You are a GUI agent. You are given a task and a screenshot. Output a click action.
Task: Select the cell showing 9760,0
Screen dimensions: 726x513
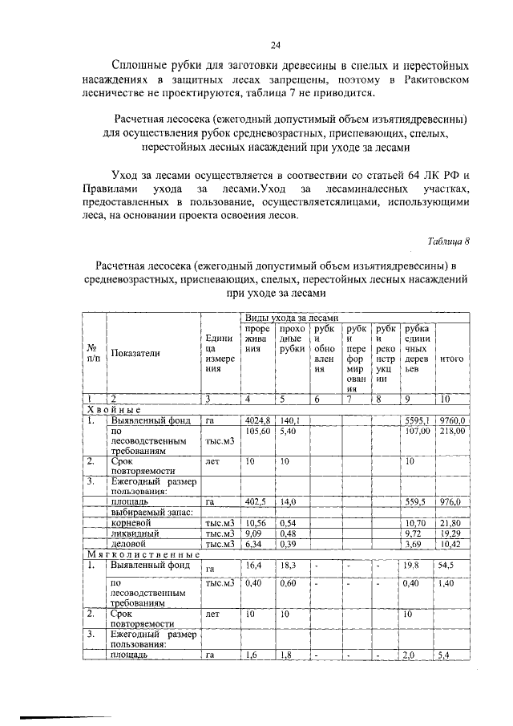click(x=451, y=420)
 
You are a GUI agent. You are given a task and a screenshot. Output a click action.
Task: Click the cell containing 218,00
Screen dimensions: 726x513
click(x=451, y=431)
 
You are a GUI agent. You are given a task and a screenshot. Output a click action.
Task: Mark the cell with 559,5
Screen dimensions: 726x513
click(x=416, y=501)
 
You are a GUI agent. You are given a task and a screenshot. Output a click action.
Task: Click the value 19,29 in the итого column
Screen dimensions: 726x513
click(x=450, y=533)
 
